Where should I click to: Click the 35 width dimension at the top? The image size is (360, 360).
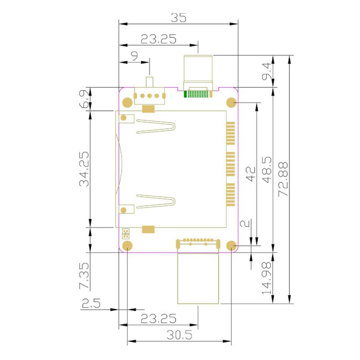(178, 18)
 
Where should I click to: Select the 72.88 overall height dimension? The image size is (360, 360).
(283, 179)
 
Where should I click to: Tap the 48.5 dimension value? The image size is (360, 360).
(266, 170)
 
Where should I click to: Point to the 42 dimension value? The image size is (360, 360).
(251, 174)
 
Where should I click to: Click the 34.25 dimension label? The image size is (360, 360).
(84, 169)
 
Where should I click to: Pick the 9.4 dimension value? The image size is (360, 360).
(266, 72)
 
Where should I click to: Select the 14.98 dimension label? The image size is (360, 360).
(266, 278)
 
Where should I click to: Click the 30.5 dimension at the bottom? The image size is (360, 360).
(179, 335)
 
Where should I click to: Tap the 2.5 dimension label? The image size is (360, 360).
(91, 303)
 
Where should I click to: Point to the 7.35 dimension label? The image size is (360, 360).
(84, 275)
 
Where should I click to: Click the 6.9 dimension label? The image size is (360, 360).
(84, 99)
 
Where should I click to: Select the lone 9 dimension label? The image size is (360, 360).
(134, 55)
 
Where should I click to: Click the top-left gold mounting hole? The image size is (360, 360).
(127, 103)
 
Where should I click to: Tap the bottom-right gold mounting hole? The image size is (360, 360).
(231, 246)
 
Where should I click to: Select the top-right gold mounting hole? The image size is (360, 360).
(231, 103)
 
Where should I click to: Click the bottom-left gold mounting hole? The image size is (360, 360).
(127, 246)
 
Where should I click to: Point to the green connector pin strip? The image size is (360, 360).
(198, 94)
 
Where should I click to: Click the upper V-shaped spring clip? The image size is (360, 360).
(156, 126)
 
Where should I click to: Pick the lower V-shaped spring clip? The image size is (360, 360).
(156, 201)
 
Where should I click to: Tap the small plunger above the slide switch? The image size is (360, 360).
(149, 82)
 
